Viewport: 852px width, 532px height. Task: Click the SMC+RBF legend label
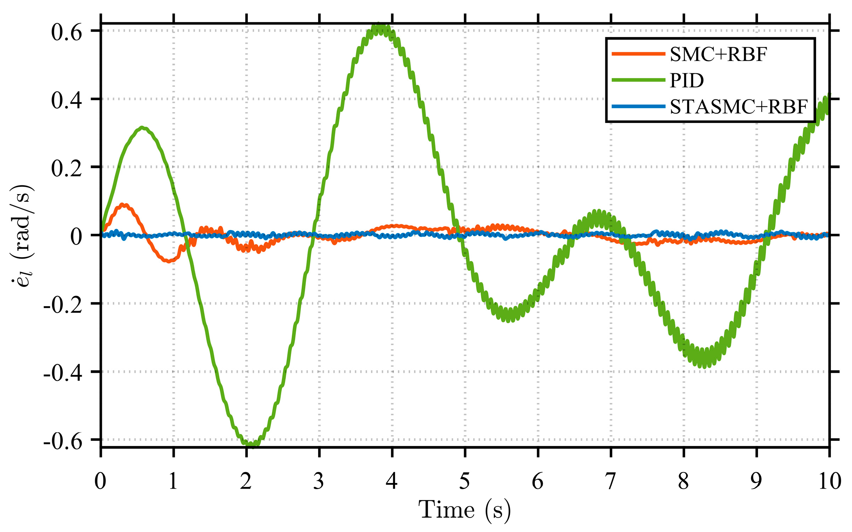tap(718, 55)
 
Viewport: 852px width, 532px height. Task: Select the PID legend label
tap(687, 81)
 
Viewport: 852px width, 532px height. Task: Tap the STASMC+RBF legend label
tap(739, 107)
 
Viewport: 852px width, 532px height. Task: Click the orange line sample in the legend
tap(638, 54)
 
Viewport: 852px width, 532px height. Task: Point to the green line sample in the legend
tap(638, 80)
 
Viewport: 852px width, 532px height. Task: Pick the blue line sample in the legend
tap(638, 106)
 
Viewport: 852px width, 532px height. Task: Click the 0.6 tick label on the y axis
tap(67, 32)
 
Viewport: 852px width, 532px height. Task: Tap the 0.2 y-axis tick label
tap(67, 169)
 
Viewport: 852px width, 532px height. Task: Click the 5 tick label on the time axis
tap(465, 481)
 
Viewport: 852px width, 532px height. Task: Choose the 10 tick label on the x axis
tap(829, 481)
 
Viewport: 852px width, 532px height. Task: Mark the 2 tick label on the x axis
tap(246, 481)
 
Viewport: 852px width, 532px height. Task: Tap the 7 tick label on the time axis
tap(611, 481)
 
